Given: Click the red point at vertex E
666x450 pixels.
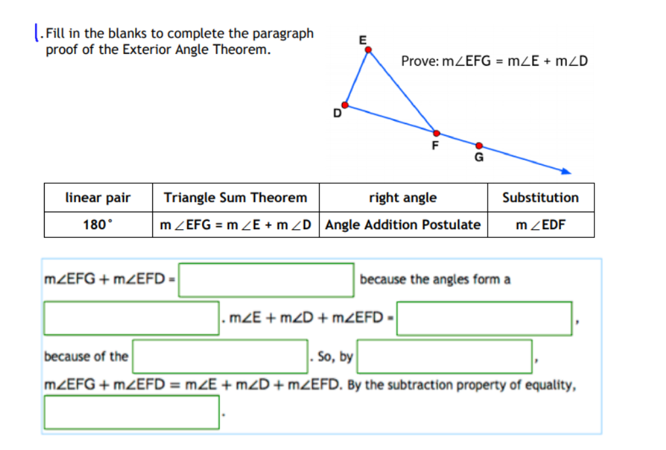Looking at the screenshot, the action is [x=368, y=49].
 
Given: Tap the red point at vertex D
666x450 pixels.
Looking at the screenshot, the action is [x=345, y=105].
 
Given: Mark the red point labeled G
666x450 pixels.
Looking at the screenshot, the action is [x=479, y=146].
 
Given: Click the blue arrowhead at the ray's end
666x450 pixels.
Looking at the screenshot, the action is [x=567, y=172].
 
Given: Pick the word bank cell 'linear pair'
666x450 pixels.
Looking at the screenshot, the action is [x=98, y=198].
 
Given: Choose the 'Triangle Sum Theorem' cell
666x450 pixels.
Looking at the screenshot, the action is [x=235, y=198].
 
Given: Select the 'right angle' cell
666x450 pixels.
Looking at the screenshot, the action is [x=402, y=198].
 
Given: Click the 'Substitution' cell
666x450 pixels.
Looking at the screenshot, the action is [x=540, y=198].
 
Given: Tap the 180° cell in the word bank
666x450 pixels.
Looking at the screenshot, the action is [x=98, y=225].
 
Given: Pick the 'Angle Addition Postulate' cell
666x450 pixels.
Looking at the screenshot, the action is [x=402, y=225].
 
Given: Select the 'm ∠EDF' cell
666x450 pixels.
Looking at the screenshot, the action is [x=540, y=225].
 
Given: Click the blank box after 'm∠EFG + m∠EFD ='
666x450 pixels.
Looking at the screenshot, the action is [x=267, y=280].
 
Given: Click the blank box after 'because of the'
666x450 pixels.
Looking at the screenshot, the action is [x=220, y=356].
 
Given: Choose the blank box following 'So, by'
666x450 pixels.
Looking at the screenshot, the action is [x=445, y=356].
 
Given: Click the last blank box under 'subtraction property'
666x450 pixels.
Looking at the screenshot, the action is [x=132, y=412].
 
